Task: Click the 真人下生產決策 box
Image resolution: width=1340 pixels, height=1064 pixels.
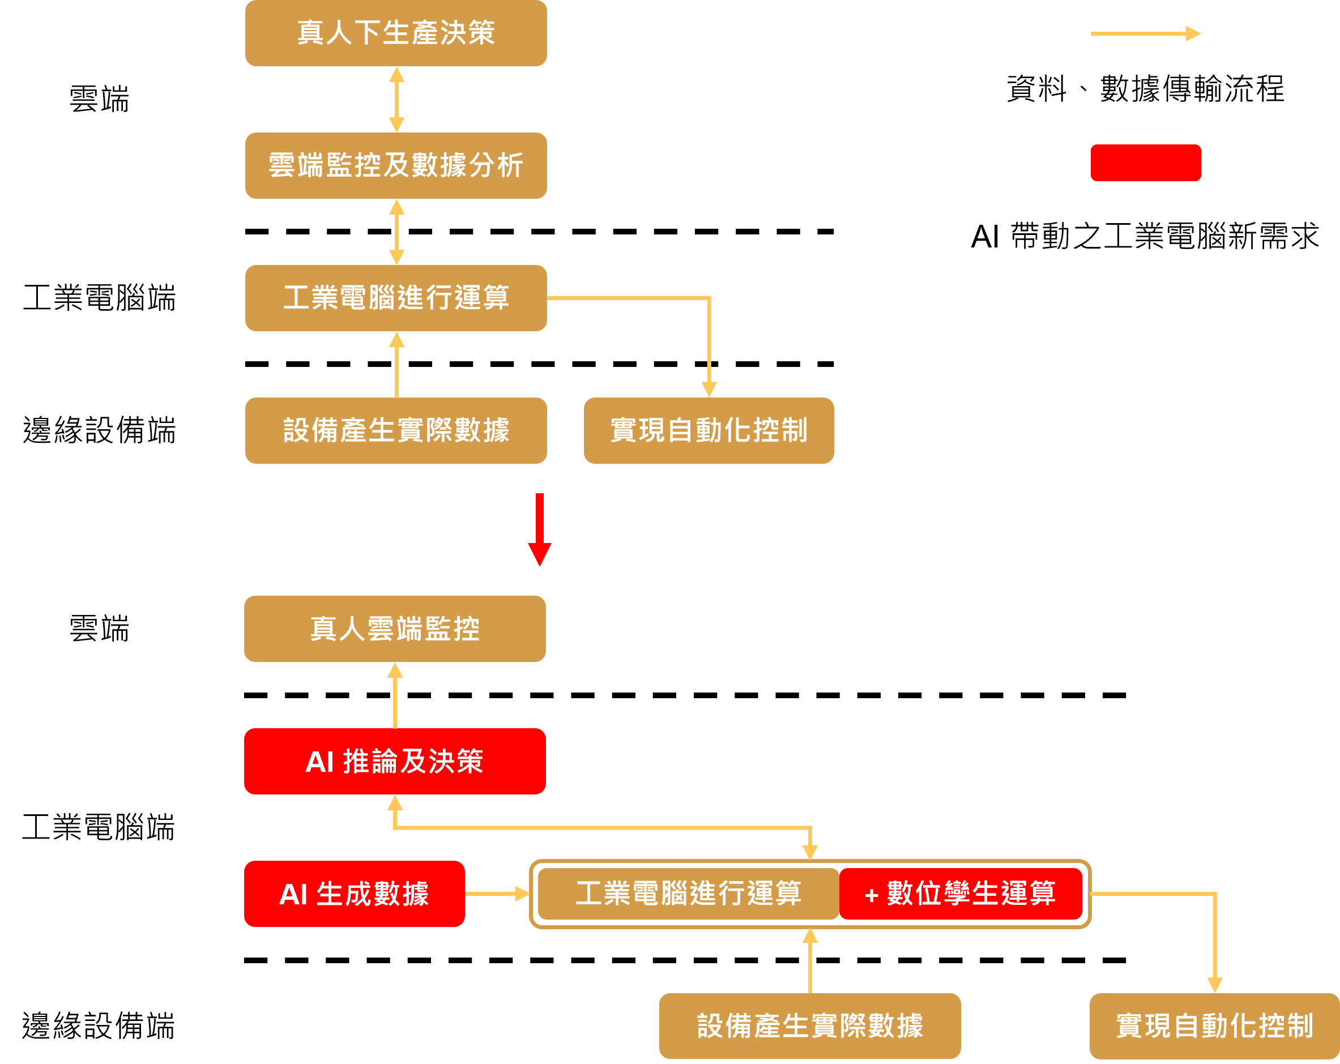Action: tap(396, 33)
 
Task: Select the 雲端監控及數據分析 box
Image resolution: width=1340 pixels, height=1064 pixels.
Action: tap(396, 165)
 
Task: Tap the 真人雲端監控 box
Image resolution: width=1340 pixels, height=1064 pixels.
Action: tap(395, 629)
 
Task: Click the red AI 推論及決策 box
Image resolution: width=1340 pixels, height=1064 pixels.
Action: tap(395, 761)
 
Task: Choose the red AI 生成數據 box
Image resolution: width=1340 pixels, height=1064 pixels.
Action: tap(355, 894)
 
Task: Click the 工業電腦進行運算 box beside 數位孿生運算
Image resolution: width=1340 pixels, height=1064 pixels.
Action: tap(688, 894)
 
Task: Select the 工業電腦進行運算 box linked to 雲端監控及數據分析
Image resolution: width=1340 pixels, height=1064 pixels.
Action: tap(396, 298)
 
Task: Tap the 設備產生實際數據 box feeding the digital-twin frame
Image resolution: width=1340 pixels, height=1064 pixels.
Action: tap(810, 1025)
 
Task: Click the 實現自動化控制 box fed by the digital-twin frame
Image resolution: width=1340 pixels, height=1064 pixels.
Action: tap(1214, 1025)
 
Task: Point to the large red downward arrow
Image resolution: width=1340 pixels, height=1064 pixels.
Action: tap(540, 529)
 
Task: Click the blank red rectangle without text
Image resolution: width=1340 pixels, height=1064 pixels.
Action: tap(1146, 163)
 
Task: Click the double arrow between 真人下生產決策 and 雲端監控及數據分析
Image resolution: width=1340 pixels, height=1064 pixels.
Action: tap(396, 100)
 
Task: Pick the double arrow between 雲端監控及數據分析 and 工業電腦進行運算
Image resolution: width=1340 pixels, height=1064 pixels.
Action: tap(396, 232)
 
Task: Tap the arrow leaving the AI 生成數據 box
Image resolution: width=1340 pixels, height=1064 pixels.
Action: tap(497, 894)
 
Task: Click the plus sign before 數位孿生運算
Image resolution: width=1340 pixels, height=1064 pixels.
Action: tap(872, 895)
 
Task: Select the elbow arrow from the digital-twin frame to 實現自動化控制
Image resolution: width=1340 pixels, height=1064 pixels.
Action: tap(1214, 932)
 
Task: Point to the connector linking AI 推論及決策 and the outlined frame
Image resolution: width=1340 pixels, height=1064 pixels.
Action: tap(603, 828)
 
